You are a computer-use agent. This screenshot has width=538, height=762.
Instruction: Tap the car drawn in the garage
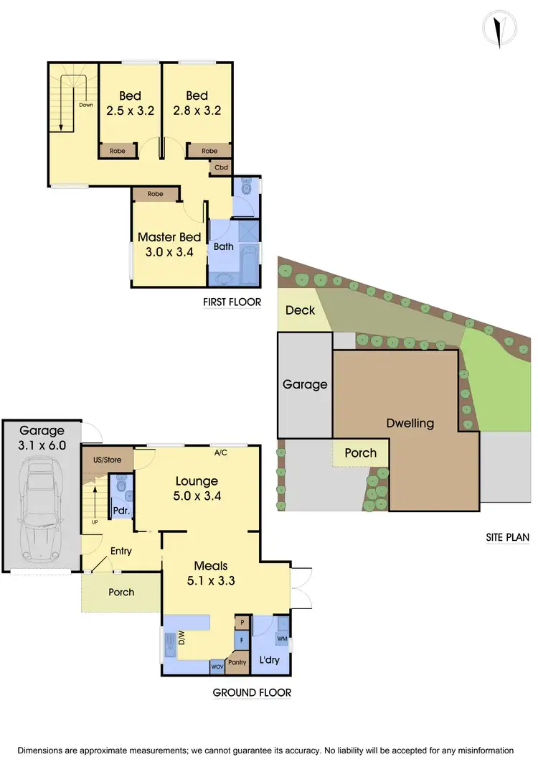click(42, 516)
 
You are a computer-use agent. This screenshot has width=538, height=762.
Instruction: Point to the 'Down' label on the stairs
click(86, 105)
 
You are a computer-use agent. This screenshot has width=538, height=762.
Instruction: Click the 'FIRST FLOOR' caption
click(232, 302)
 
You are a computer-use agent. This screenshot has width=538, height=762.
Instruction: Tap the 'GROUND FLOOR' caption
click(252, 693)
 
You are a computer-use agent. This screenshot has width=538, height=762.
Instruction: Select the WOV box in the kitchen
click(218, 667)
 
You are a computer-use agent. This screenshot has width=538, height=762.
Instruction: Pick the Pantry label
click(237, 662)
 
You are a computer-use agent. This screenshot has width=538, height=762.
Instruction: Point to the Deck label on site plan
click(300, 310)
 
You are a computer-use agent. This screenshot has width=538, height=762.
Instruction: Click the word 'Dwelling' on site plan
click(410, 423)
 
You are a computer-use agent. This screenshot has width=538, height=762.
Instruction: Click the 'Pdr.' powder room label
click(119, 511)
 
